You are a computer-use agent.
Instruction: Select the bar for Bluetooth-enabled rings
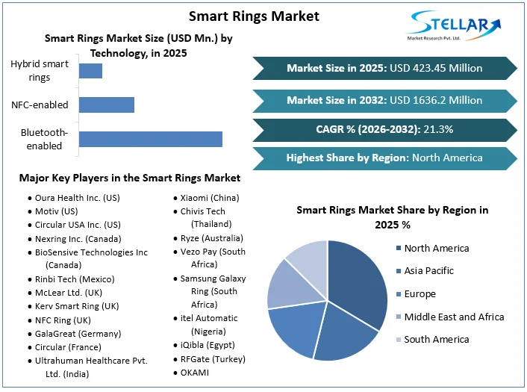tap(150, 139)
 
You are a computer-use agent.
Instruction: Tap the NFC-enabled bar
tap(106, 105)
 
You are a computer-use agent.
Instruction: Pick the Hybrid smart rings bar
tap(90, 71)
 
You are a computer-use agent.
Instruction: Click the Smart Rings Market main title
tap(254, 16)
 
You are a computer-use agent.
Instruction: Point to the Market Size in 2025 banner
tap(384, 68)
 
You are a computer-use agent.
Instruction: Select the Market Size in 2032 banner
tap(384, 100)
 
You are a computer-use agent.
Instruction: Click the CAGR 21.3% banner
tap(384, 129)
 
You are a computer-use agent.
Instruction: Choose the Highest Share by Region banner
tap(384, 158)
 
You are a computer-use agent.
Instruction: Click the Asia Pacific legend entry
tap(434, 271)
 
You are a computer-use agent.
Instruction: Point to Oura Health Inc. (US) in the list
tap(77, 198)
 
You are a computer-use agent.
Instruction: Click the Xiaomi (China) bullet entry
tap(210, 198)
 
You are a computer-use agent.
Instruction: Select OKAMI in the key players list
tap(195, 372)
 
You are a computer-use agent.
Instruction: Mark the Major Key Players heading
tap(130, 178)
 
